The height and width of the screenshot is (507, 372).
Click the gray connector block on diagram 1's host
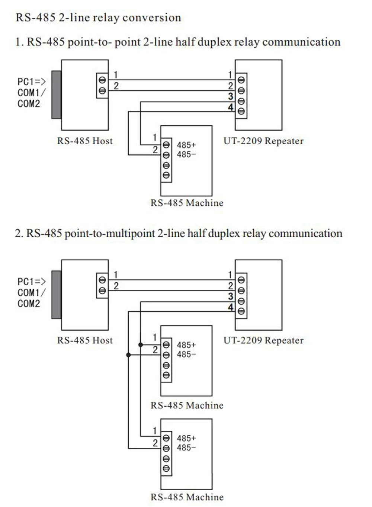click(57, 95)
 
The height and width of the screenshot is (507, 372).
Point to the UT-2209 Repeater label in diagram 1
click(263, 141)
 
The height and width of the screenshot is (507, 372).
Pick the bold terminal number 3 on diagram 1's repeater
click(231, 96)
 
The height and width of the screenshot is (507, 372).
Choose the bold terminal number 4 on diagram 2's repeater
click(231, 307)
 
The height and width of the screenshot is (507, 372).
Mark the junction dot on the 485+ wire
click(141, 345)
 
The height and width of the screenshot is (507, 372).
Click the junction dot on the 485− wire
click(129, 355)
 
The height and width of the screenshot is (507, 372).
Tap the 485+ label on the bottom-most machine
click(186, 438)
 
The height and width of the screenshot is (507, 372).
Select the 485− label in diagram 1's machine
click(186, 154)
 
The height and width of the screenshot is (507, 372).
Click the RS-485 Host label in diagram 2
click(85, 340)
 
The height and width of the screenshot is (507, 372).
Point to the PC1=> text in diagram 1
click(32, 81)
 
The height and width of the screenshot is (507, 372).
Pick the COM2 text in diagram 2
click(29, 304)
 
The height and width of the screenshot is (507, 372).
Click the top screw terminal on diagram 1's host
click(102, 80)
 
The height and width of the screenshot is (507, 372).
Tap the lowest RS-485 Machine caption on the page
click(187, 497)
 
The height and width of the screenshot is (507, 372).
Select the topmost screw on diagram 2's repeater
click(241, 280)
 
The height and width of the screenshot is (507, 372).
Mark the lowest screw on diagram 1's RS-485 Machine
click(166, 175)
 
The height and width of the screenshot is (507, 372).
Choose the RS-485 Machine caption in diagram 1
click(187, 203)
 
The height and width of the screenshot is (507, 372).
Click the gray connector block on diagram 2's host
click(57, 295)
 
